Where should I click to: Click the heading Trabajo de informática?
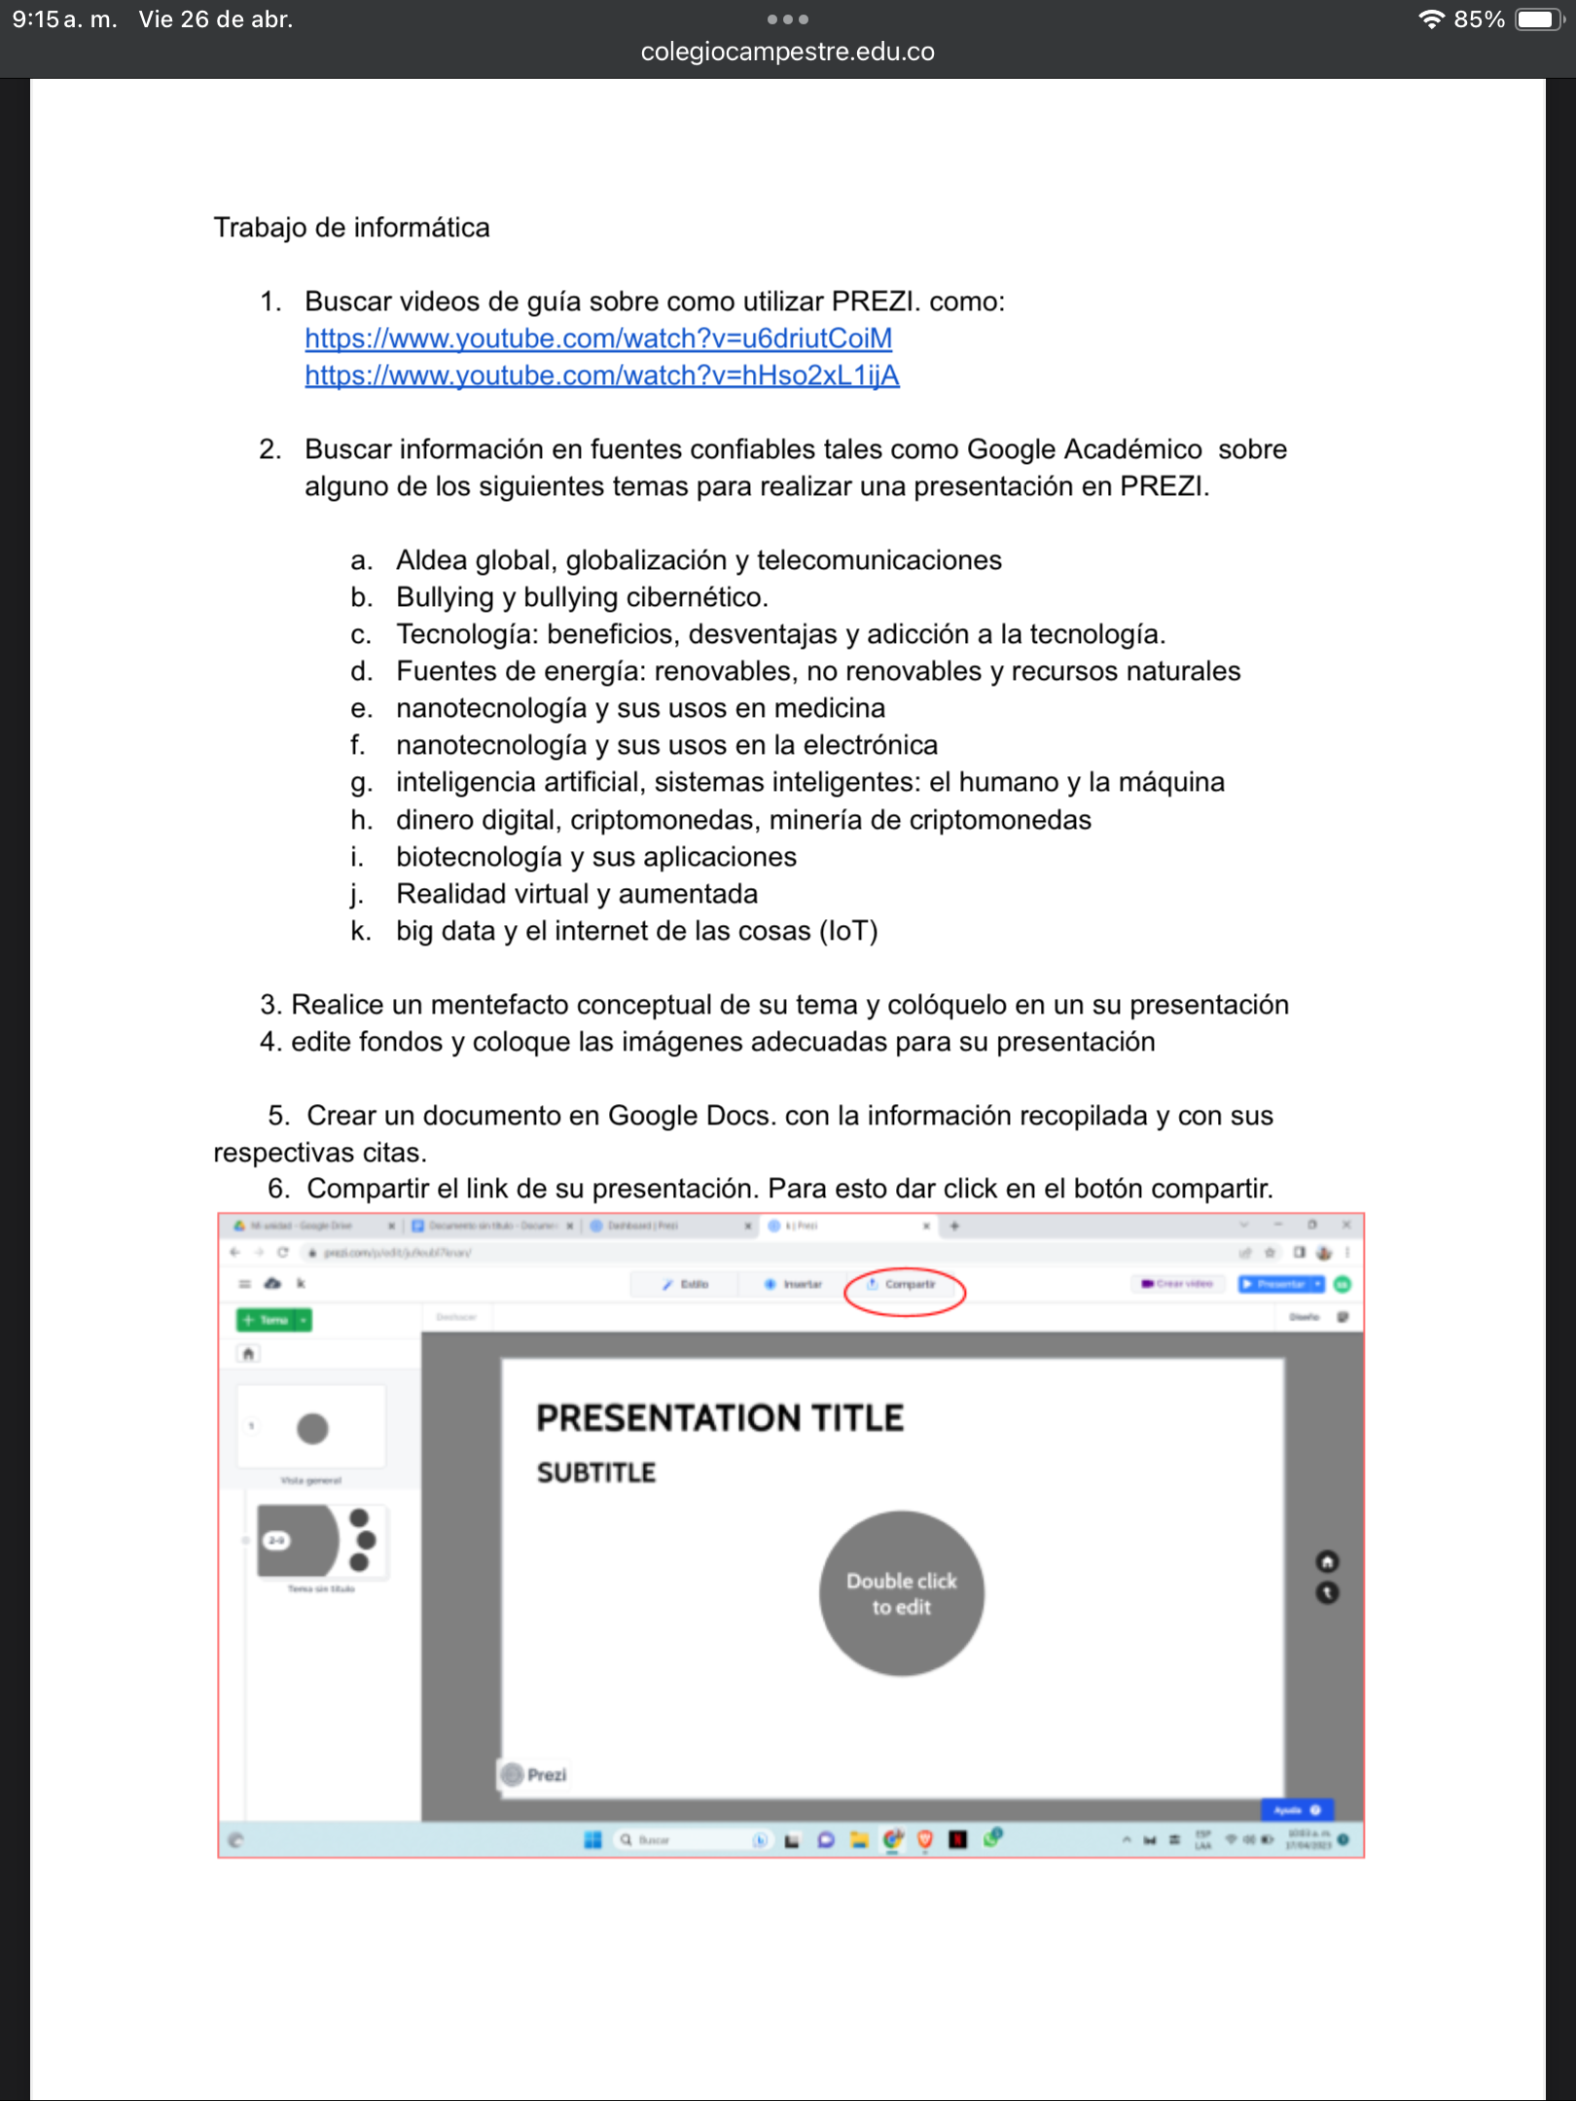click(351, 228)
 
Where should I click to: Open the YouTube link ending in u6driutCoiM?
click(598, 338)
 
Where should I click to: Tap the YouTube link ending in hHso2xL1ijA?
click(602, 375)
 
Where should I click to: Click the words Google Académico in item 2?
click(1084, 449)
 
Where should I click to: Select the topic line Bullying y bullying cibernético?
click(582, 597)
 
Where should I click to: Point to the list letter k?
click(360, 931)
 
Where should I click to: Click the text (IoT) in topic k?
click(848, 931)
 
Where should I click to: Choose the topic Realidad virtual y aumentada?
click(576, 894)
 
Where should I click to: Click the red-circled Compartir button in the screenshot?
click(904, 1285)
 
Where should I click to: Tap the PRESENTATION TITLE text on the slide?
click(720, 1418)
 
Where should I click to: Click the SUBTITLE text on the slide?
click(596, 1473)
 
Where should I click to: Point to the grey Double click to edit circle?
click(901, 1593)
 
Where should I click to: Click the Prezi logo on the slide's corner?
click(534, 1775)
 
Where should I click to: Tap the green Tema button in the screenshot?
click(272, 1320)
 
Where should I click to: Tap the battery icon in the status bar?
click(1539, 19)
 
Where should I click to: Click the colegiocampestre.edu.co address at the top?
click(787, 52)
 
